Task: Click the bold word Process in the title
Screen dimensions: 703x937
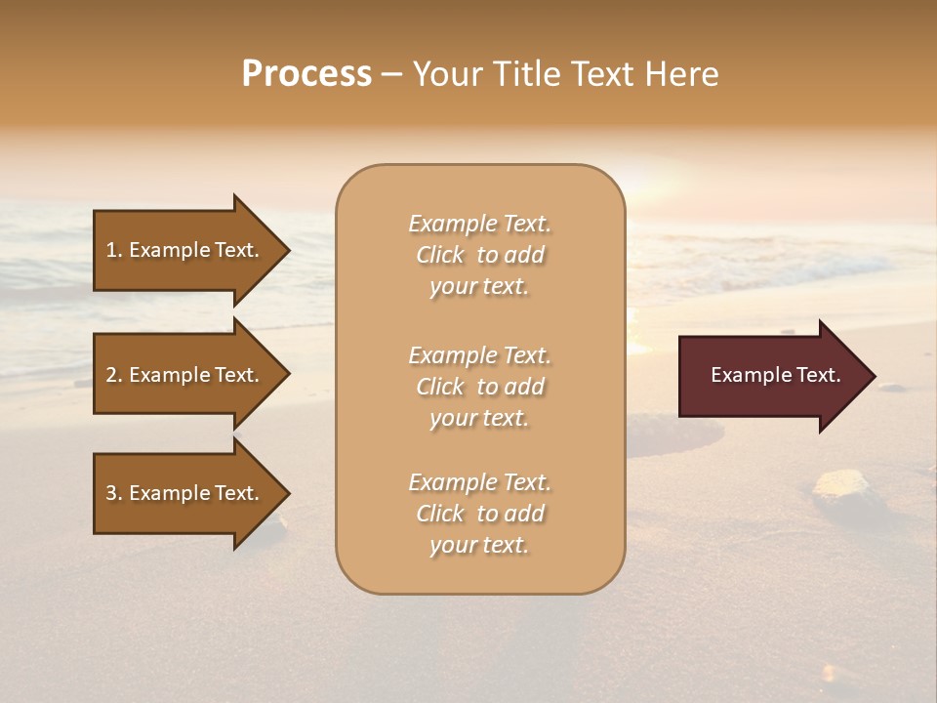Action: (x=306, y=74)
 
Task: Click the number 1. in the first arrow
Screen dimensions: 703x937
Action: (x=114, y=250)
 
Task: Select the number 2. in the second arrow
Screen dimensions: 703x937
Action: (x=114, y=375)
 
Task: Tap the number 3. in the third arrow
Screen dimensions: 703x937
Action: (x=114, y=493)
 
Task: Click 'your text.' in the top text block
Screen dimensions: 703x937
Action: (x=479, y=287)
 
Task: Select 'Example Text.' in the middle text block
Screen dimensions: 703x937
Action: (x=479, y=355)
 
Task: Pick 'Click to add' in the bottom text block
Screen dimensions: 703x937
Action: (x=479, y=514)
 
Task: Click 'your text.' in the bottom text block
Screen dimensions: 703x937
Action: (x=479, y=546)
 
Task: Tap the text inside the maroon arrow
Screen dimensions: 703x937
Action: (x=775, y=375)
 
